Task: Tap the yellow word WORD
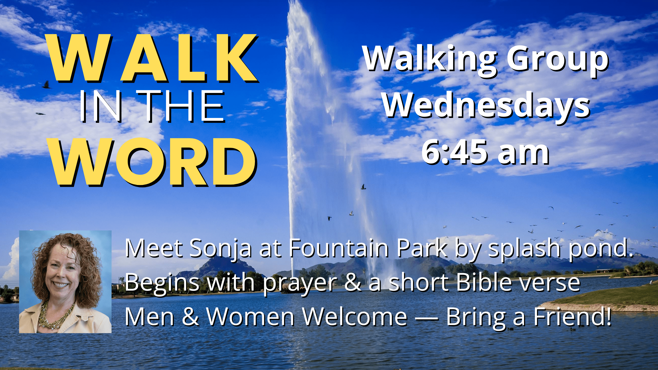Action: [x=153, y=162]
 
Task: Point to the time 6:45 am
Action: [x=485, y=152]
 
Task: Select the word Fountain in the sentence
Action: [x=339, y=248]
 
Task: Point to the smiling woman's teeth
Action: [x=61, y=285]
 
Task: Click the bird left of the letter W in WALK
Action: [x=47, y=85]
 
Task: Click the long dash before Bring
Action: [x=427, y=319]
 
